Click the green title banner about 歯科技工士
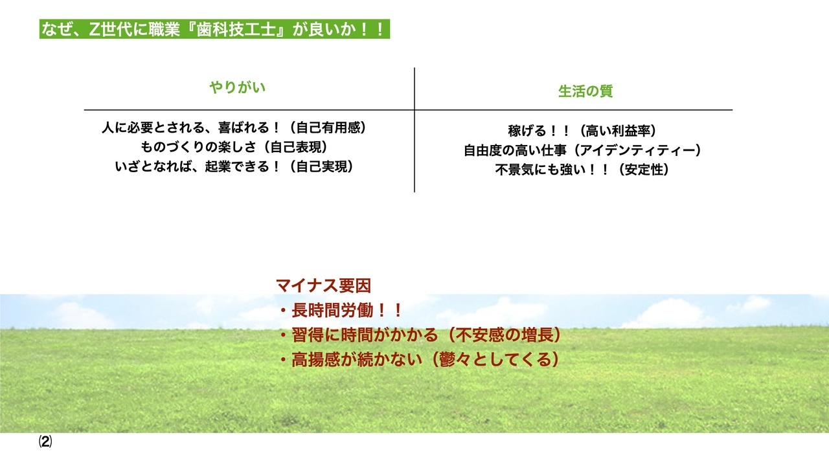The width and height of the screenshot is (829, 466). click(214, 29)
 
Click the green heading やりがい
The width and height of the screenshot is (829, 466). click(238, 87)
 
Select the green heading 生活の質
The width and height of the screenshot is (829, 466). click(585, 91)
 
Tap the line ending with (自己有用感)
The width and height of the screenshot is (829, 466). click(234, 128)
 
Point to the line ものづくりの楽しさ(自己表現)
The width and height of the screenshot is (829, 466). click(234, 147)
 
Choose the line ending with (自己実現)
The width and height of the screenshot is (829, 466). click(234, 166)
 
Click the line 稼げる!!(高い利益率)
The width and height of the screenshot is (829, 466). click(582, 131)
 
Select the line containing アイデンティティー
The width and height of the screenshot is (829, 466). click(582, 150)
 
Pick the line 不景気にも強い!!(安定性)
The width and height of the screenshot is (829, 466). click(582, 170)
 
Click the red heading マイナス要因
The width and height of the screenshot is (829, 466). click(323, 285)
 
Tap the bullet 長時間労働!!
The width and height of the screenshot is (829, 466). click(341, 311)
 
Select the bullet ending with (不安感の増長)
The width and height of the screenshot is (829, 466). click(420, 335)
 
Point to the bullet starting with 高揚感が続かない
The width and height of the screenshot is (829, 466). click(418, 359)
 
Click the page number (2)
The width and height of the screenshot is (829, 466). click(45, 442)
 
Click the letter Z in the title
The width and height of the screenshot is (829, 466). click(95, 29)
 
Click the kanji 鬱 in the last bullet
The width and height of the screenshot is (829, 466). click(447, 359)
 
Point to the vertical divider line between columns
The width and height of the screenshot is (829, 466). click(414, 130)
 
